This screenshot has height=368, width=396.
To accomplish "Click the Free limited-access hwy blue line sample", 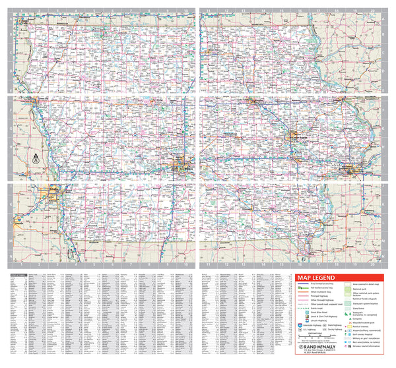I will pyautogui.click(x=303, y=284).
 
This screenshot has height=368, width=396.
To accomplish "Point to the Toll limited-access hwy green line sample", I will pyautogui.click(x=303, y=289).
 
